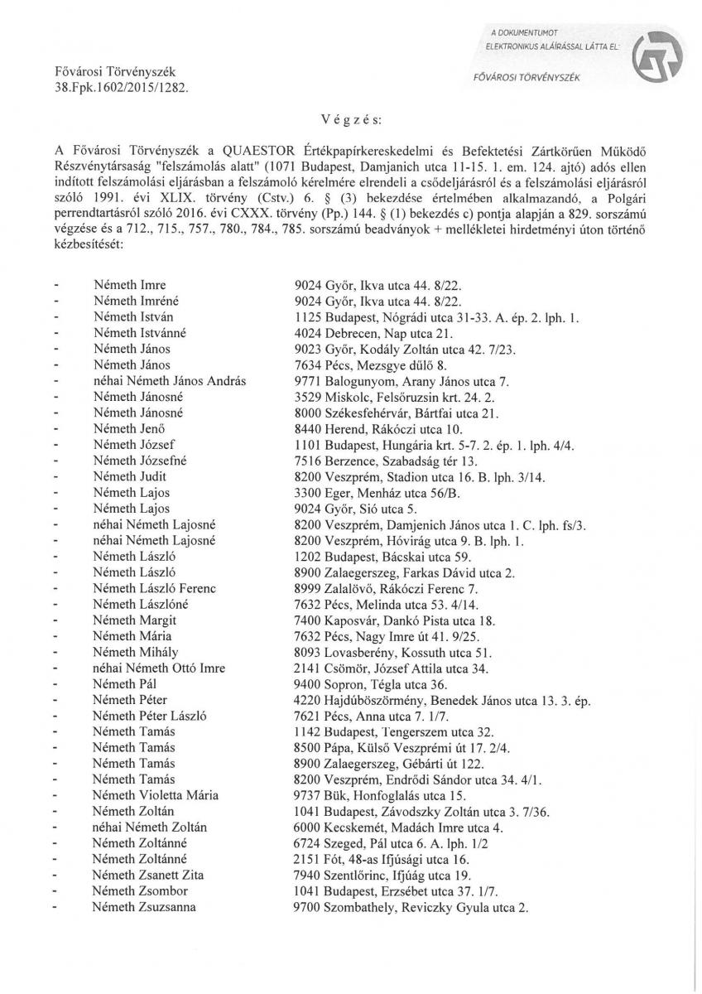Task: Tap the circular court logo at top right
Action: click(652, 60)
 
